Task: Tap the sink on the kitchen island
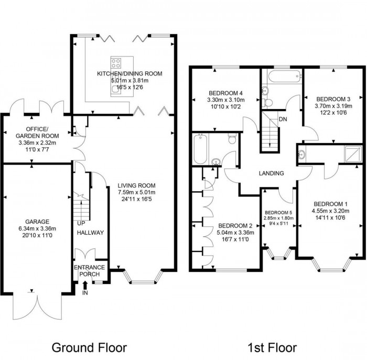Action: click(x=116, y=90)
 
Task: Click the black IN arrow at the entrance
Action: click(x=85, y=285)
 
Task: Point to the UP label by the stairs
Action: click(x=81, y=224)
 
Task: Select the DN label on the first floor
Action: click(x=283, y=119)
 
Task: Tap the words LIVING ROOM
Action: click(x=136, y=185)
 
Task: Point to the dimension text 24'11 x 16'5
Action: click(x=136, y=200)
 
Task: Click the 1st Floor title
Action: click(x=272, y=347)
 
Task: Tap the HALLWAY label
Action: click(x=90, y=233)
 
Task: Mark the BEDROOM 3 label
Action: click(x=333, y=99)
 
